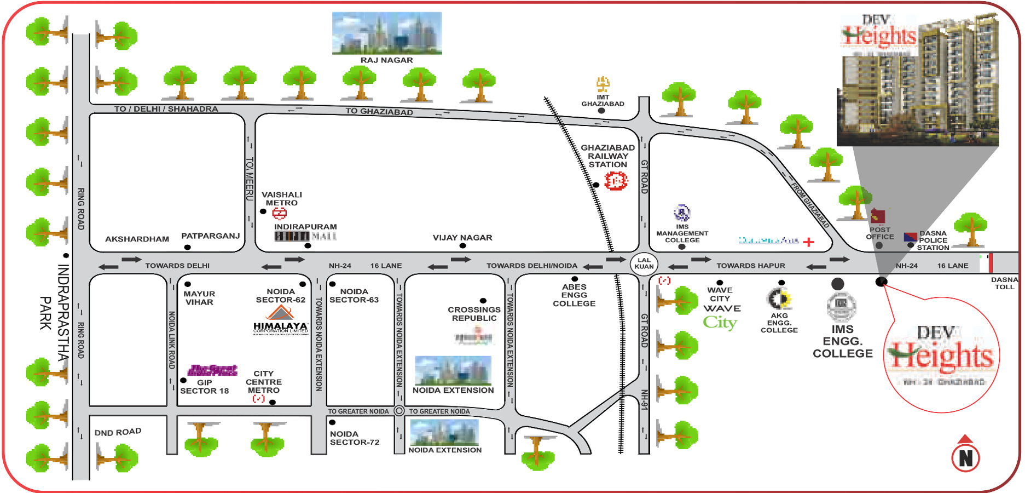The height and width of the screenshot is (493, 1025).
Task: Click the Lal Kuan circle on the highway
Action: pos(644,263)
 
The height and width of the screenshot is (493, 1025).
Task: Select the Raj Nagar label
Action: pos(386,60)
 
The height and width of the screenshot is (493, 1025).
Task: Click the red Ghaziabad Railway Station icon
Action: pos(616,180)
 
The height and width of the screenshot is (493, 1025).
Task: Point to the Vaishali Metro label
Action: pos(281,199)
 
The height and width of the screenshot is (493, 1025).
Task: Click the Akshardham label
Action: pos(137,239)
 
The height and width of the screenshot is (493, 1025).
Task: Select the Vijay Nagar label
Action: pos(462,238)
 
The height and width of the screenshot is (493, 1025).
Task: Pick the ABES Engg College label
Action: pos(574,295)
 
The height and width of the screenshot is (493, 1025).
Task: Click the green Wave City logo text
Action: pos(720,322)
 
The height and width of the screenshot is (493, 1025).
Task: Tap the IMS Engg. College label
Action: pos(842,341)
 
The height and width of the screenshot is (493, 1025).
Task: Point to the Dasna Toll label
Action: pos(1004,283)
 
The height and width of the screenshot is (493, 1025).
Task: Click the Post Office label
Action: pos(879,233)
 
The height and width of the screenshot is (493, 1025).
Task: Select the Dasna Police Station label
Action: pos(933,240)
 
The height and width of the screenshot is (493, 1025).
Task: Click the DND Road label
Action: pos(118,432)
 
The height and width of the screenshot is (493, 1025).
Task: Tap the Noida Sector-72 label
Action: pos(354,438)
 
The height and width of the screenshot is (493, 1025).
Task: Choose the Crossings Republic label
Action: pos(474,314)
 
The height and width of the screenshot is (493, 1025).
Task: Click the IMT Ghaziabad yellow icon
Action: pos(603,84)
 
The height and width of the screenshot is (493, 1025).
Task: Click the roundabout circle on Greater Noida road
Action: pos(399,411)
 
